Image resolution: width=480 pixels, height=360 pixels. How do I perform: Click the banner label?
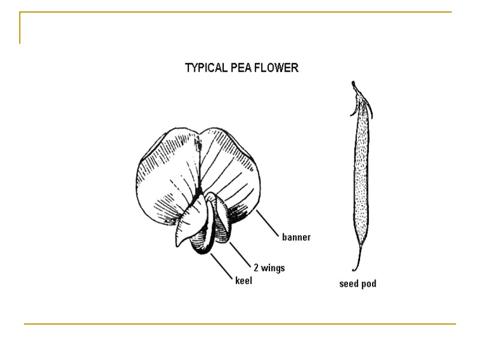(296, 237)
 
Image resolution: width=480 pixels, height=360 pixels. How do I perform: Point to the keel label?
(243, 280)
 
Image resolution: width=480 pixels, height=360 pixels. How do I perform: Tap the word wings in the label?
(272, 267)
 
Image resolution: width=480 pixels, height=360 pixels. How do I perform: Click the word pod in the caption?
(368, 284)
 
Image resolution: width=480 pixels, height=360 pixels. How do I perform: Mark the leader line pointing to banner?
(266, 223)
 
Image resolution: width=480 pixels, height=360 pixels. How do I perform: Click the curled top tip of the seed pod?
(355, 85)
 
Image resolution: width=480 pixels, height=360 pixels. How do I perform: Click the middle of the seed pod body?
(361, 180)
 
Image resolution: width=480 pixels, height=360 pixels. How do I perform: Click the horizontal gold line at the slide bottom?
(240, 324)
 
